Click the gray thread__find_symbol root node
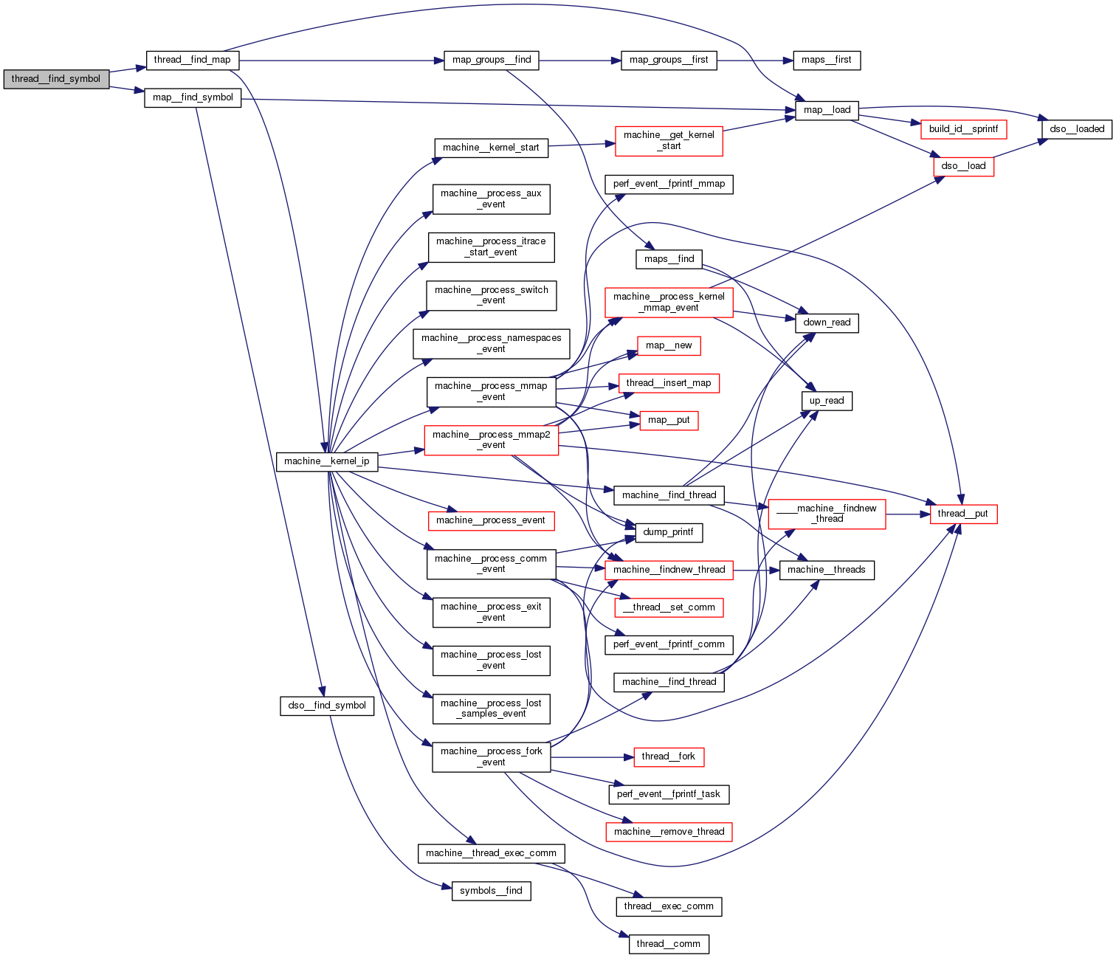pyautogui.click(x=56, y=79)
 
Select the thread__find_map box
pyautogui.click(x=192, y=60)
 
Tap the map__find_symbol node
pyautogui.click(x=193, y=97)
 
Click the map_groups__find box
pyautogui.click(x=492, y=60)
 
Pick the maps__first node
pyautogui.click(x=827, y=60)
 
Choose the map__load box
pyautogui.click(x=827, y=110)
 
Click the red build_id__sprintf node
pyautogui.click(x=963, y=129)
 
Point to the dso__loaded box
pyautogui.click(x=1077, y=129)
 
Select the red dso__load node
pyautogui.click(x=963, y=166)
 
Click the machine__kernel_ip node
pyautogui.click(x=327, y=461)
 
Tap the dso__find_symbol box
pyautogui.click(x=327, y=706)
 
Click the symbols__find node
pyautogui.click(x=491, y=891)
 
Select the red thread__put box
pyautogui.click(x=963, y=514)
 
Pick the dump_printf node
pyautogui.click(x=668, y=532)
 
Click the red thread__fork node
pyautogui.click(x=669, y=757)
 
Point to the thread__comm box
pyautogui.click(x=669, y=944)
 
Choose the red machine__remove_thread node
pyautogui.click(x=669, y=832)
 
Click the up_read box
pyautogui.click(x=827, y=401)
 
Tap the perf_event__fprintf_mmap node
pyautogui.click(x=669, y=184)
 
